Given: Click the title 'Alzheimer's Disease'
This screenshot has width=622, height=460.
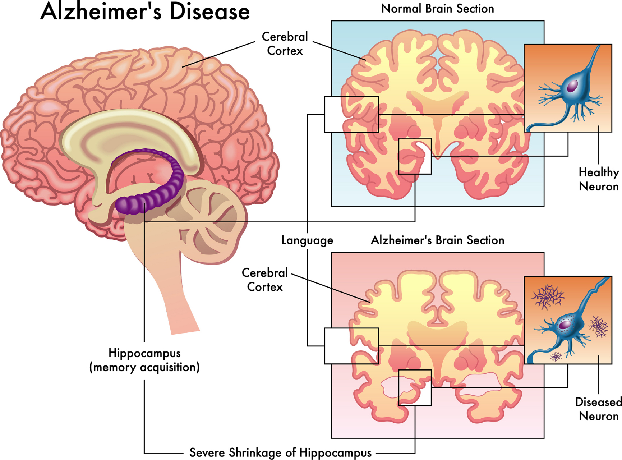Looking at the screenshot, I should [145, 11].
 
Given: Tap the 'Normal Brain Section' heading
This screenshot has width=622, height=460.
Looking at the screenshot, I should [437, 9].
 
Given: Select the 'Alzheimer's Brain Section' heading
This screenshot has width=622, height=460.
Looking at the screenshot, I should [437, 240].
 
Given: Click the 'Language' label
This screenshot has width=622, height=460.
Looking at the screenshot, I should [307, 240].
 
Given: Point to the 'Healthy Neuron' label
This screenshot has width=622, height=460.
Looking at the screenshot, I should [598, 179].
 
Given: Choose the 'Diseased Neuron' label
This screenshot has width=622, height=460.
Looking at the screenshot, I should [598, 409].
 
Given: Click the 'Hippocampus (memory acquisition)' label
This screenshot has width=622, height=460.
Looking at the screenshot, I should [144, 360].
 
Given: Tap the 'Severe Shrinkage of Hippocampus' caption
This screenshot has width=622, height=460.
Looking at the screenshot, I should [280, 452].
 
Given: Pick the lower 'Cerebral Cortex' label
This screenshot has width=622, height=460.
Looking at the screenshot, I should [265, 280].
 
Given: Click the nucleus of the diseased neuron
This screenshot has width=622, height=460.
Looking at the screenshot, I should [565, 325].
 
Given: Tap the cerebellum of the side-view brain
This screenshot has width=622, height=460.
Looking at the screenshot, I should [212, 223].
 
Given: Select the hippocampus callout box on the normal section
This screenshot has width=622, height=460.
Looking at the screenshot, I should [415, 156].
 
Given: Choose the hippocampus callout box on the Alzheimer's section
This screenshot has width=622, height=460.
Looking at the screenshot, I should [415, 387].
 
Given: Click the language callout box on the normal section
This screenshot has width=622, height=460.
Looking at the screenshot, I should [351, 114].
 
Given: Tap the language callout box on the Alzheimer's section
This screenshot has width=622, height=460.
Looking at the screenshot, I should [351, 346].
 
